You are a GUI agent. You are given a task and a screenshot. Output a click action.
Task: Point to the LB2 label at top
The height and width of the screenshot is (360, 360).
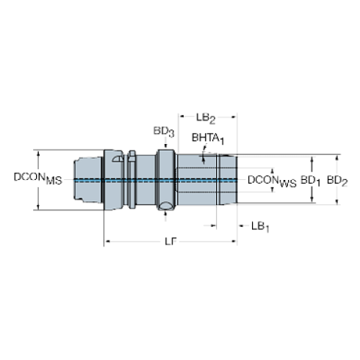tap(206, 117)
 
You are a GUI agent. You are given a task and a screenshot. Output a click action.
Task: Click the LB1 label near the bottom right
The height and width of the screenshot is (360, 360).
tap(260, 226)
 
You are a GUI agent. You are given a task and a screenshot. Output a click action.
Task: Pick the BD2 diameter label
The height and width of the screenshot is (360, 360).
tap(337, 179)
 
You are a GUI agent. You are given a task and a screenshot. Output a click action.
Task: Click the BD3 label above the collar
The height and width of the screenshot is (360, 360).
tap(163, 132)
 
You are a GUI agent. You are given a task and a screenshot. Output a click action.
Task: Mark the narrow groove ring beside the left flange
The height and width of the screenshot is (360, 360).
tap(132, 179)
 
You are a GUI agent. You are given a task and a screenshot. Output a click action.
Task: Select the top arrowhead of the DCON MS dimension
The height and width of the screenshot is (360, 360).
tap(40, 151)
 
